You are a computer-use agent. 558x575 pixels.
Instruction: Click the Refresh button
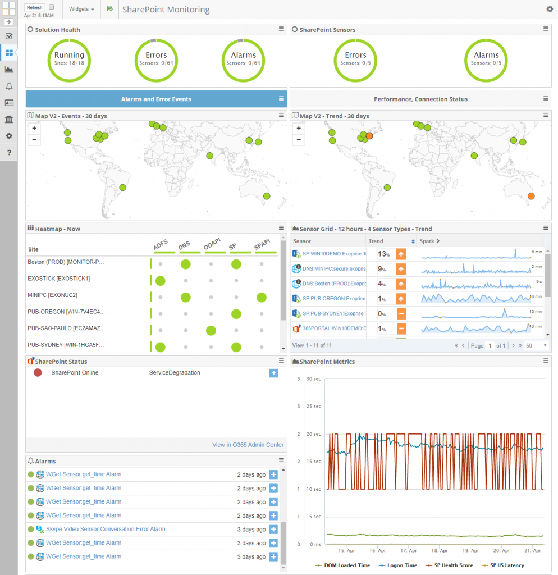point(34,7)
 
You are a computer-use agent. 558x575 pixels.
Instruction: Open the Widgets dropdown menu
point(81,10)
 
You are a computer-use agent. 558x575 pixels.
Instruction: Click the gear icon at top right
point(550,9)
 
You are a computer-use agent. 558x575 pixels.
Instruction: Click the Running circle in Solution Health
point(69,59)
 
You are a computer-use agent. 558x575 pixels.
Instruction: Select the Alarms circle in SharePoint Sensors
point(486,59)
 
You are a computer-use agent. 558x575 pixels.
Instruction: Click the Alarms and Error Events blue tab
point(156,99)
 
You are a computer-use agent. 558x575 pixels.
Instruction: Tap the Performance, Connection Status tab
point(420,99)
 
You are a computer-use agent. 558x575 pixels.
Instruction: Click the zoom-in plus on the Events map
point(35,129)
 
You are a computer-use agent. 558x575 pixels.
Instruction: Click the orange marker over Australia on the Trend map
point(531,196)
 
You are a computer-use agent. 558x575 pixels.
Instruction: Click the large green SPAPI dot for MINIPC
point(261,297)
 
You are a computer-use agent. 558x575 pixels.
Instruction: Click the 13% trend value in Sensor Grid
point(384,254)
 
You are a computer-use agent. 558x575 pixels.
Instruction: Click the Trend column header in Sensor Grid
point(376,241)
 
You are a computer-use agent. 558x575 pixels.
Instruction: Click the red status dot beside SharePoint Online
point(38,372)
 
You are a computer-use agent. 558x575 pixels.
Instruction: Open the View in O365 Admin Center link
point(248,445)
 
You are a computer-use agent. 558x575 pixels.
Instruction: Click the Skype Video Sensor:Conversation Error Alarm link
point(106,529)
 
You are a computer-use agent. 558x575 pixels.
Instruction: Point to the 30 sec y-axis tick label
point(313,379)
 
